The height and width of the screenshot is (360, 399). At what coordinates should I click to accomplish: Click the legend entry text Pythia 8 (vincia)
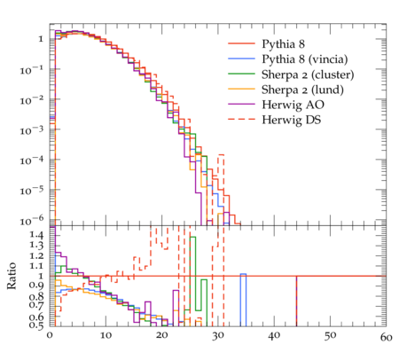tap(305, 59)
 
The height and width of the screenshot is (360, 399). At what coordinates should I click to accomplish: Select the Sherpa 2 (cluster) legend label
tap(308, 74)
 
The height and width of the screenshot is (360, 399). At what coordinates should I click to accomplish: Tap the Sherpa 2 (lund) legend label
tap(302, 90)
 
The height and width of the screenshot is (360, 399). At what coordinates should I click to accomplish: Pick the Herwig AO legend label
tap(293, 105)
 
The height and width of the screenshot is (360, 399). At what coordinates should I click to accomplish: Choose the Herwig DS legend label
tap(292, 120)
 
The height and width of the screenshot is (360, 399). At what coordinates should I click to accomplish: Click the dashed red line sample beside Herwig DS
tap(241, 119)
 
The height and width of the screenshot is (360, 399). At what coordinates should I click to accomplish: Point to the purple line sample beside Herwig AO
tap(241, 104)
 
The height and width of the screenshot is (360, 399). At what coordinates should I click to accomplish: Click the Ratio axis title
tap(12, 276)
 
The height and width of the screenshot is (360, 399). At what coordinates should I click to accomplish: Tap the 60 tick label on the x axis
tap(386, 338)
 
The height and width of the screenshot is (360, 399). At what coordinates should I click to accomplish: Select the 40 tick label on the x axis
tap(274, 336)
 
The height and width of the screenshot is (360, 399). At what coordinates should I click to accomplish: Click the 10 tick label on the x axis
tap(106, 336)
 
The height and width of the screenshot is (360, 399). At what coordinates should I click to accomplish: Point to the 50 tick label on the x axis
tap(330, 336)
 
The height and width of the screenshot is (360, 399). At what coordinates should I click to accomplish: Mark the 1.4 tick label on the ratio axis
tap(36, 235)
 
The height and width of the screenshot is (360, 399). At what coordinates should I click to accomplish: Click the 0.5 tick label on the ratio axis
tap(36, 325)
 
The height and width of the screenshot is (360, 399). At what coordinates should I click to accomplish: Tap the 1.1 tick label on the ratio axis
tap(36, 266)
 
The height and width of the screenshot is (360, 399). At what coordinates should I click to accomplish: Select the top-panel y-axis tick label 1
tap(41, 39)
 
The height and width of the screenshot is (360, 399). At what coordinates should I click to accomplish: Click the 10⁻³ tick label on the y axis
tap(32, 130)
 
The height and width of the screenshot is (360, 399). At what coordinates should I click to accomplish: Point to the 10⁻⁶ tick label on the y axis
tap(32, 221)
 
